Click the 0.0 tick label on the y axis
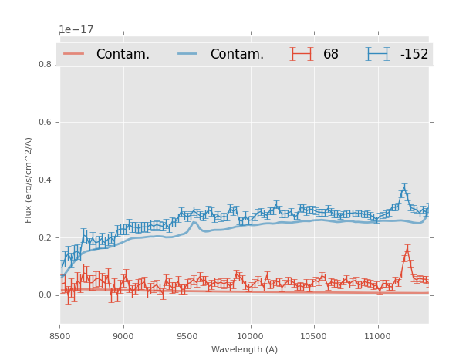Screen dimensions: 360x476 [46, 295]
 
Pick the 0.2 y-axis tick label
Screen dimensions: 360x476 [46, 237]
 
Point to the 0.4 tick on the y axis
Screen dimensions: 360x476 [46, 180]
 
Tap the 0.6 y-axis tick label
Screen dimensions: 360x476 [46, 122]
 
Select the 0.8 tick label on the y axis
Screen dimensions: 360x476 [46, 64]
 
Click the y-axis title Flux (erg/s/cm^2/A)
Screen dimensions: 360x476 [29, 180]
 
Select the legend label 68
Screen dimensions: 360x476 [331, 54]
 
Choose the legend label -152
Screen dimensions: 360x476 [414, 54]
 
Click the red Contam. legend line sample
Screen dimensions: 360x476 [74, 54]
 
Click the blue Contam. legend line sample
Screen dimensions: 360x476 [188, 54]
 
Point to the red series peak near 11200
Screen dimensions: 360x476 [407, 251]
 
